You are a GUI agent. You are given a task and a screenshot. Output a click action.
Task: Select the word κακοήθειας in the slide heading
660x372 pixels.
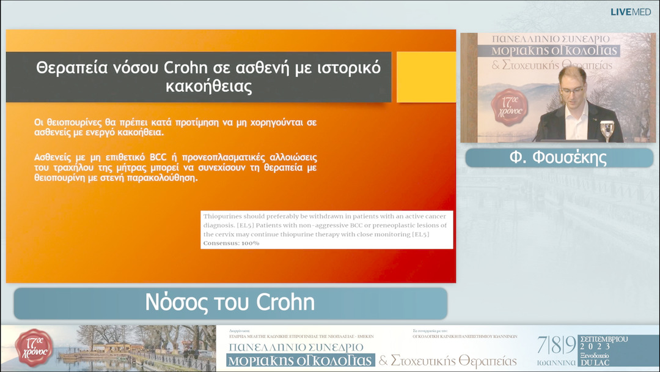click(208, 86)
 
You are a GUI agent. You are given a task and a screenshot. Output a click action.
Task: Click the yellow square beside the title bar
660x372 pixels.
click(426, 77)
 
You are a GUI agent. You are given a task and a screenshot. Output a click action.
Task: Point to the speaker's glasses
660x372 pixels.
click(572, 90)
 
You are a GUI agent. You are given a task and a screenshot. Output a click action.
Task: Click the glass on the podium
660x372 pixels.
click(607, 129)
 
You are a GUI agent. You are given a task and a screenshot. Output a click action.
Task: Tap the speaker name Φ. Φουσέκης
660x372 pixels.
click(558, 158)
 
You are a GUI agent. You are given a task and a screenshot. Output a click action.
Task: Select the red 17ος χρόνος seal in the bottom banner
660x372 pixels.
click(35, 347)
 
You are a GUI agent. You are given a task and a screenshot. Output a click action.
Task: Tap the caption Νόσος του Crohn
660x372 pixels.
click(230, 302)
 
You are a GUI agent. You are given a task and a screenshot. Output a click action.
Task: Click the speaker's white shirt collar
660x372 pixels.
click(574, 110)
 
